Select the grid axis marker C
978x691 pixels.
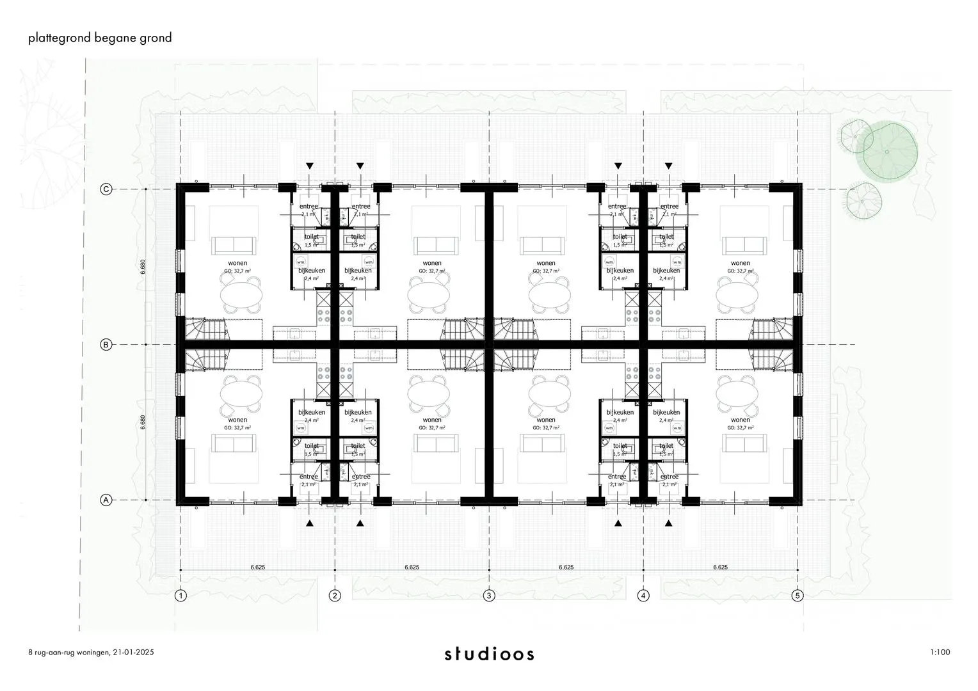click(x=106, y=189)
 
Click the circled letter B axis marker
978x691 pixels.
click(x=106, y=345)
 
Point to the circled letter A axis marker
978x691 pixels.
click(x=106, y=500)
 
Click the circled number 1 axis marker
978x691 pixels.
click(x=181, y=596)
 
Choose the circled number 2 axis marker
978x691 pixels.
click(x=335, y=596)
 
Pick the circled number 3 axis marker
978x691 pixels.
click(x=489, y=596)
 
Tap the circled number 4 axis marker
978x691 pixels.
click(x=643, y=596)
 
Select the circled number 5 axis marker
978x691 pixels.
click(x=798, y=596)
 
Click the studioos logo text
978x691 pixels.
click(x=490, y=654)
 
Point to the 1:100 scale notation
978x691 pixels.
click(x=940, y=653)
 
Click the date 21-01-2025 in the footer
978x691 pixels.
click(x=134, y=653)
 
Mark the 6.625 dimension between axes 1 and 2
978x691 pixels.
click(x=258, y=567)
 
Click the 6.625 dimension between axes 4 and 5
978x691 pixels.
click(x=720, y=567)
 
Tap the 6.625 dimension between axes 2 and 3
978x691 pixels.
click(x=412, y=567)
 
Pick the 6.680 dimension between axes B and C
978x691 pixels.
click(x=143, y=267)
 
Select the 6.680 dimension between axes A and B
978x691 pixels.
click(x=143, y=422)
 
